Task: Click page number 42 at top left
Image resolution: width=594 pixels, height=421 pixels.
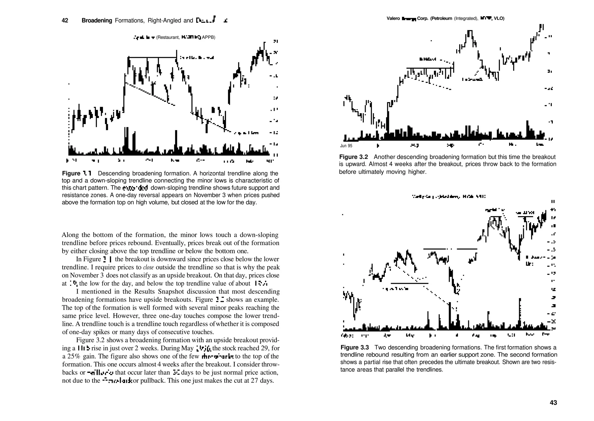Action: coord(65,21)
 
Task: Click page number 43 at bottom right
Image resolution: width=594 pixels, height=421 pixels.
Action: coord(553,402)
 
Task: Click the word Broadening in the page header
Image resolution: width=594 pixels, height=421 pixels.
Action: coord(97,21)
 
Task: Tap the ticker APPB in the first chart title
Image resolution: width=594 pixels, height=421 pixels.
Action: coord(208,37)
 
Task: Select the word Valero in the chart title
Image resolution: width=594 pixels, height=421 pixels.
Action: coord(393,19)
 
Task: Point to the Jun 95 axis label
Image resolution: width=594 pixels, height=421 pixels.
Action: coord(346,146)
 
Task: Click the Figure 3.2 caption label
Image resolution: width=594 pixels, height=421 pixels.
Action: coord(353,157)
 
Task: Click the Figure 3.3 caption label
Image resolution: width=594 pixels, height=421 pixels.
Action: coord(354,347)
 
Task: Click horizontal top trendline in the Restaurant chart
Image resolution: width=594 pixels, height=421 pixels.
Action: coord(152,58)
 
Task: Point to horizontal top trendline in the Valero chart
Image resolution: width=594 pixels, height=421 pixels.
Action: coord(429,68)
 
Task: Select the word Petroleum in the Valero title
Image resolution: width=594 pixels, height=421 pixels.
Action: coord(441,19)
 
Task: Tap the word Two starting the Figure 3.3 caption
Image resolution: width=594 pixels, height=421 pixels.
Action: coord(380,347)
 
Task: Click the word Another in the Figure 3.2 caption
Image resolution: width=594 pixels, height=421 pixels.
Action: coord(384,157)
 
